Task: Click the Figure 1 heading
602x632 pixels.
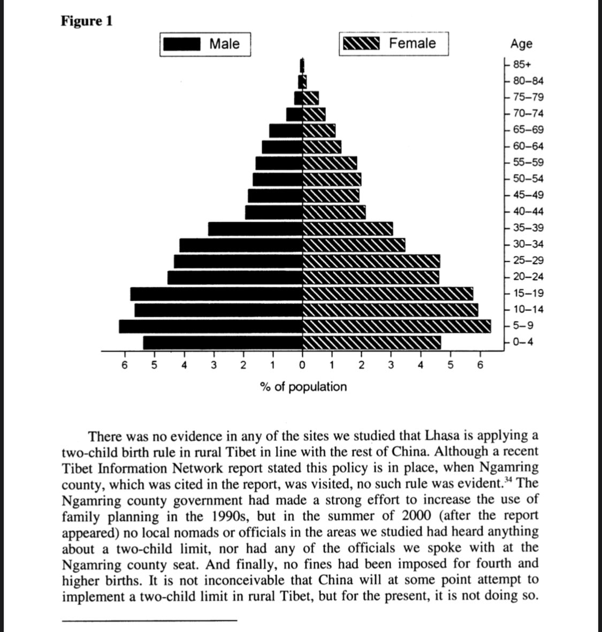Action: (87, 21)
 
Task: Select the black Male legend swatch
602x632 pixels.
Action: (182, 44)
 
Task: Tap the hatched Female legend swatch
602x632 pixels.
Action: (361, 43)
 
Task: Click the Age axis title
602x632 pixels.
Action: (521, 43)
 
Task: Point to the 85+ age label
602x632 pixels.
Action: (522, 65)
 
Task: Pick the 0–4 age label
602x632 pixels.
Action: (523, 342)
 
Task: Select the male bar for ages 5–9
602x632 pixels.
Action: (211, 326)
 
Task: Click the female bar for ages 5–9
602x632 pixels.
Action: (397, 326)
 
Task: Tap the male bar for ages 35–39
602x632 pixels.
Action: (255, 229)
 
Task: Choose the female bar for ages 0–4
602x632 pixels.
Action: (372, 342)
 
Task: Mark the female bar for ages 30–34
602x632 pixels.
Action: (354, 245)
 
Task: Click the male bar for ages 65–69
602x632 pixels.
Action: (286, 131)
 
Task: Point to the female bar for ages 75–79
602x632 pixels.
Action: (311, 98)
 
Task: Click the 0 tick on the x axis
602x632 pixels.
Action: (302, 366)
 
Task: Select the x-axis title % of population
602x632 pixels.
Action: (303, 386)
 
